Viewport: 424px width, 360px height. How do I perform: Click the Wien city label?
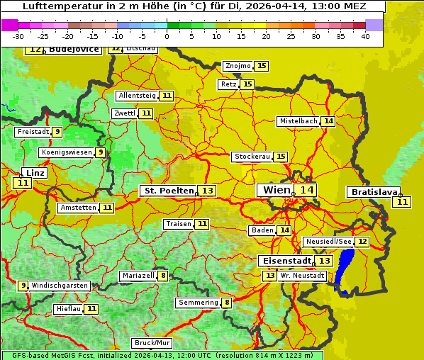276,190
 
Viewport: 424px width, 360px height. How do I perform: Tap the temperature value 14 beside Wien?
306,190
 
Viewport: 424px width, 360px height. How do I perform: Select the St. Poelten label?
168,191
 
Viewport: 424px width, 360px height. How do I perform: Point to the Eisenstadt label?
284,261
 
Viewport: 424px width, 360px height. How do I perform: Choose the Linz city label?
35,173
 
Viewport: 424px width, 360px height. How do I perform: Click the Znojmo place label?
238,66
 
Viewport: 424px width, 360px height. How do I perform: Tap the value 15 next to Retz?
247,84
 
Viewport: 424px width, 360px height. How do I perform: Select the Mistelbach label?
298,121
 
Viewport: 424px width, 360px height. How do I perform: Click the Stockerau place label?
252,157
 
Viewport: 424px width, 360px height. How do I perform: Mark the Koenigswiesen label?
67,152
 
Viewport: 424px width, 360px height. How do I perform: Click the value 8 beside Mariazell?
163,276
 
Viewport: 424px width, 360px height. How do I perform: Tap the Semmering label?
198,303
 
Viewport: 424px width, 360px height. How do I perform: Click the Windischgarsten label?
60,286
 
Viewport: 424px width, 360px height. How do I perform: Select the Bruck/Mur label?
152,343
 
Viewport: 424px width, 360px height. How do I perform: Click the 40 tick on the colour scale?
365,36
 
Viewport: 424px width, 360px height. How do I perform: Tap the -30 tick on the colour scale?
18,36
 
